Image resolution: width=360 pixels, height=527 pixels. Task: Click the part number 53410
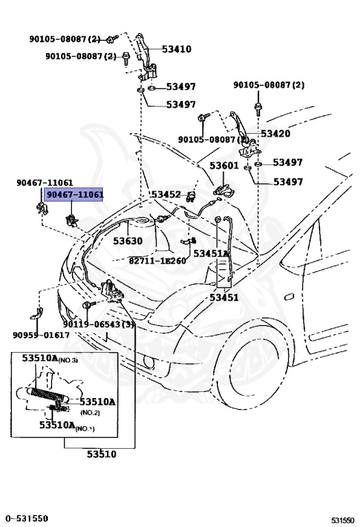176,49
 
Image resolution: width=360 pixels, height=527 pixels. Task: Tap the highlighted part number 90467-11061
74,195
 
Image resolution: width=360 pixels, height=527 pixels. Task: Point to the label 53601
224,166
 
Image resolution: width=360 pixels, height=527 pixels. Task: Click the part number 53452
166,195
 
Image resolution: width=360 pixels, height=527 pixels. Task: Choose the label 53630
128,242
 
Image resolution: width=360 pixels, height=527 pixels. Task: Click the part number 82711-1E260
157,261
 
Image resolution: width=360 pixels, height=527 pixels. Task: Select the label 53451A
211,254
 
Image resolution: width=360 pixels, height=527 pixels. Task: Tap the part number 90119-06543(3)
99,324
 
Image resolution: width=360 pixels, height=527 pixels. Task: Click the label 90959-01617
40,335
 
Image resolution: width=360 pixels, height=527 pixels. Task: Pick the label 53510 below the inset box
101,454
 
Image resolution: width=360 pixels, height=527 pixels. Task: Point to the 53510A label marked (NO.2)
97,402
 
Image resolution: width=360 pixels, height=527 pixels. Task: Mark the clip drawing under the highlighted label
71,220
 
